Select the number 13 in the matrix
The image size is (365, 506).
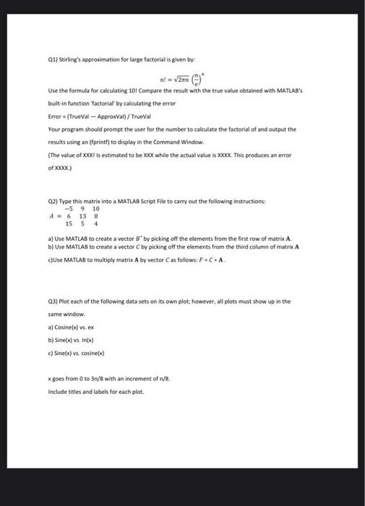pos(82,215)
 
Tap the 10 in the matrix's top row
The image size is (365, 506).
pos(96,208)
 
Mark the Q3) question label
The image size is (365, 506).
pos(51,301)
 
